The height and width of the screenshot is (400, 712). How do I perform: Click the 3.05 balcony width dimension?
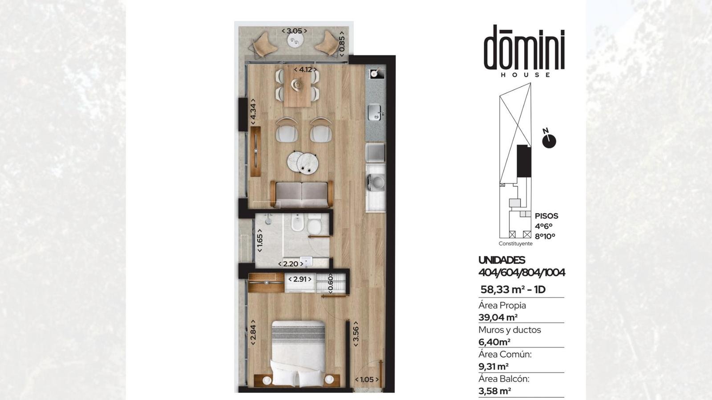click(x=294, y=31)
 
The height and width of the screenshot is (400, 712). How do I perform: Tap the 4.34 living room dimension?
click(x=253, y=112)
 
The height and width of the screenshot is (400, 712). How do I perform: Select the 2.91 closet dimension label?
click(x=300, y=279)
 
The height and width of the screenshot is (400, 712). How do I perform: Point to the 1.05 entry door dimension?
click(x=367, y=380)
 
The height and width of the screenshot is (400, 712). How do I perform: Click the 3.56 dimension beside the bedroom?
click(x=356, y=336)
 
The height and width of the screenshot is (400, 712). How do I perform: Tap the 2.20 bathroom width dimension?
click(x=291, y=264)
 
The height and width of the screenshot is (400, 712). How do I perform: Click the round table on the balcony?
click(x=295, y=40)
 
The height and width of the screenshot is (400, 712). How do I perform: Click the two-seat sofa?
click(x=302, y=194)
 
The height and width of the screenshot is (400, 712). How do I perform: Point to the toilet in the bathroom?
click(x=314, y=223)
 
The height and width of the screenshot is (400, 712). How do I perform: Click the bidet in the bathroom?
click(x=298, y=223)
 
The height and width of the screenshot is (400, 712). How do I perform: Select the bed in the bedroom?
click(x=299, y=353)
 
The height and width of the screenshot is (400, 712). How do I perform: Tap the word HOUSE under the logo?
click(x=526, y=75)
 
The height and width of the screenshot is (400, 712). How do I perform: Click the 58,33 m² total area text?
click(x=513, y=289)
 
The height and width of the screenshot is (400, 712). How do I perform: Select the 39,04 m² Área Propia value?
click(x=498, y=317)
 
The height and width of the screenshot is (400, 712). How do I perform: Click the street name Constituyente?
click(x=516, y=244)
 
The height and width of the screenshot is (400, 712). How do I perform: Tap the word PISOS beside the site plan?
click(x=546, y=216)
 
